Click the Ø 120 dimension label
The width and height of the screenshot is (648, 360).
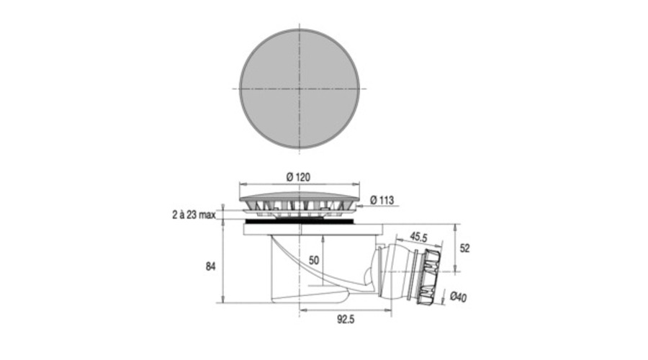click(x=298, y=177)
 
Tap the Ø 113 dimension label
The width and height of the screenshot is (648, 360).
click(x=382, y=200)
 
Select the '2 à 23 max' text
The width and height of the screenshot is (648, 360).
click(x=194, y=215)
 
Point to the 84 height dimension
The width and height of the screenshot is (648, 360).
click(x=211, y=266)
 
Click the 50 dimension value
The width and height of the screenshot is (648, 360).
click(x=314, y=261)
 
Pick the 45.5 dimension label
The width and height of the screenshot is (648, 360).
click(x=418, y=238)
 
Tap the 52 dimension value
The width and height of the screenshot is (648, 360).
click(x=465, y=248)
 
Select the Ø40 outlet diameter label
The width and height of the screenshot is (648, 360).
click(x=459, y=297)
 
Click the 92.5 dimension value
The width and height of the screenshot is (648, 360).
click(x=346, y=319)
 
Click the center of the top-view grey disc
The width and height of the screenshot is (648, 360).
click(x=300, y=89)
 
